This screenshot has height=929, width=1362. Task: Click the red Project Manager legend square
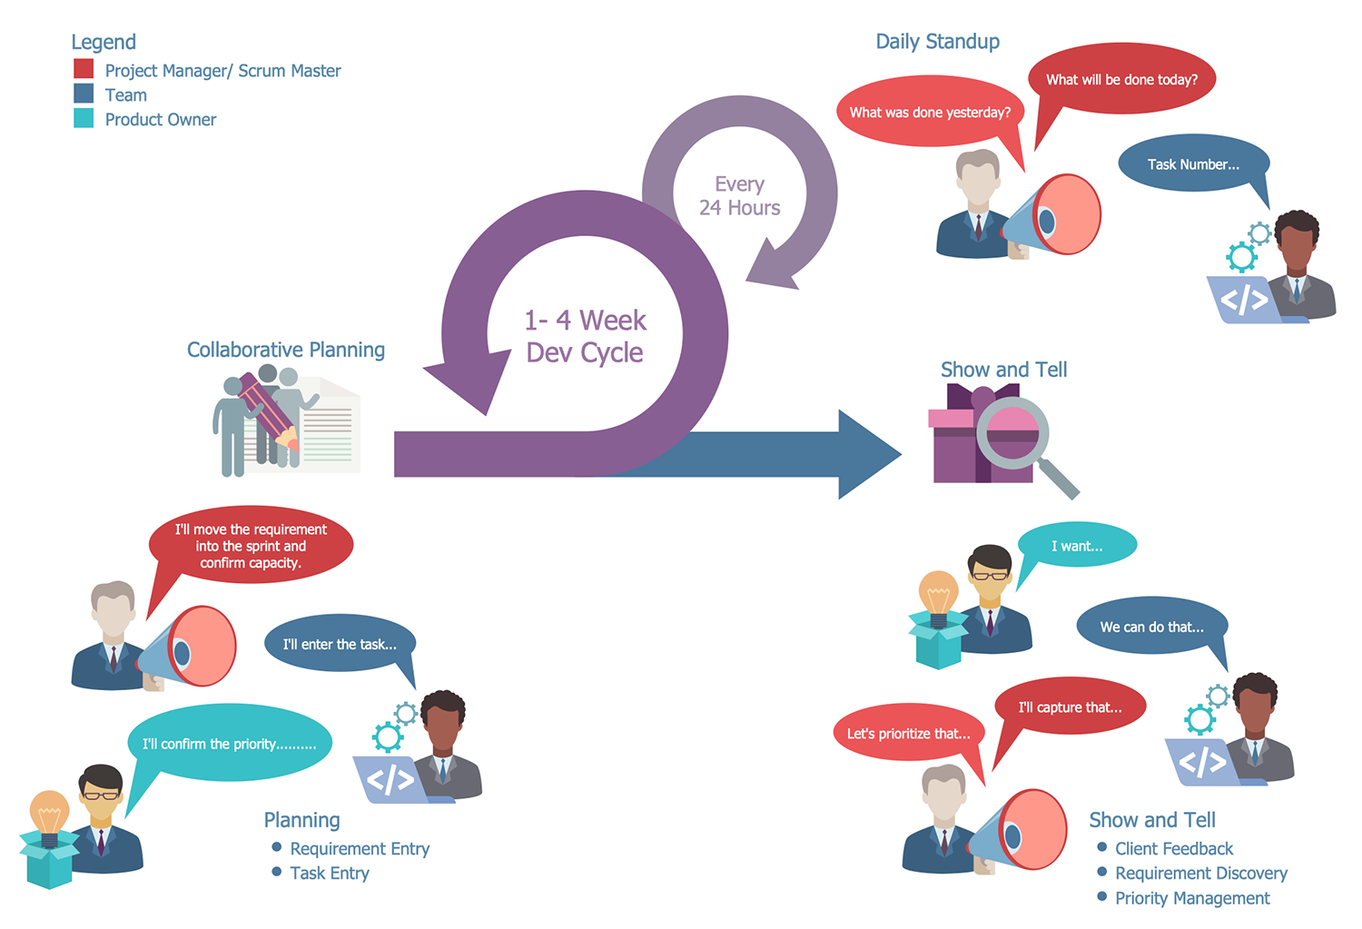(84, 69)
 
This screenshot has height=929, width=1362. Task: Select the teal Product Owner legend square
(84, 118)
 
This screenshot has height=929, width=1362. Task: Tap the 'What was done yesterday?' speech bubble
(930, 113)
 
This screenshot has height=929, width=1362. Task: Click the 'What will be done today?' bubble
(1121, 80)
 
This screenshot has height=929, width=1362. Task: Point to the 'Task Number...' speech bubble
(1192, 164)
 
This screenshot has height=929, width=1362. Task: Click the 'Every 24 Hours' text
(739, 196)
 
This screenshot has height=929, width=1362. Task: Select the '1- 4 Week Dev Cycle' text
(585, 336)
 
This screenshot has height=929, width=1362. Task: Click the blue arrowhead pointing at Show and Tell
(867, 453)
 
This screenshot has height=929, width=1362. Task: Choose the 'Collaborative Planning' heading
(285, 350)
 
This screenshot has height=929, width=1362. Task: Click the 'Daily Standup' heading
(937, 42)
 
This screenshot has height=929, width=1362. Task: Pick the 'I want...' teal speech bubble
(1078, 546)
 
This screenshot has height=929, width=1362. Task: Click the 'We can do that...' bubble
(1151, 627)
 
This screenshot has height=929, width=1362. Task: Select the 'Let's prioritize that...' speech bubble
(908, 734)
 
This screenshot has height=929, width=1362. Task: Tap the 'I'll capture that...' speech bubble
(1070, 707)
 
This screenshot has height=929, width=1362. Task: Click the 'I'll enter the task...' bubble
(340, 645)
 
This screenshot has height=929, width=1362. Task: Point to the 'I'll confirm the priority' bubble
(229, 744)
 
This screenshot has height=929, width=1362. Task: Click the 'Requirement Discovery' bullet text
(1200, 874)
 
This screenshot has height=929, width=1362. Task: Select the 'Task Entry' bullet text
(329, 874)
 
